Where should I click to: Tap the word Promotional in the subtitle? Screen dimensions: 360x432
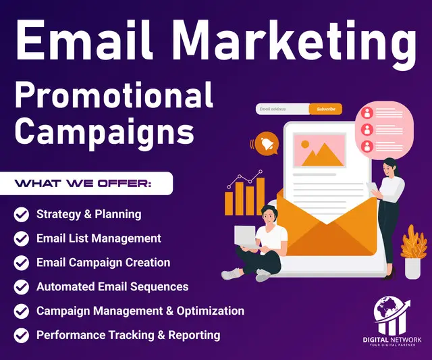114,95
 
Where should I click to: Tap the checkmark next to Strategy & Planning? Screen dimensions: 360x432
22,215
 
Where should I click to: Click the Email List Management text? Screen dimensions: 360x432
99,238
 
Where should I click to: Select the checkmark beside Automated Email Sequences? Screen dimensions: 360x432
22,287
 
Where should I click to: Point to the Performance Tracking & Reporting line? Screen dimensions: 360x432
128,335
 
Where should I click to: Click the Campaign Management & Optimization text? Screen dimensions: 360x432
140,311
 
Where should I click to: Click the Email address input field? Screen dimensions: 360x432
282,109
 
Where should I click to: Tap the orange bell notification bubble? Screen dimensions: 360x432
265,144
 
